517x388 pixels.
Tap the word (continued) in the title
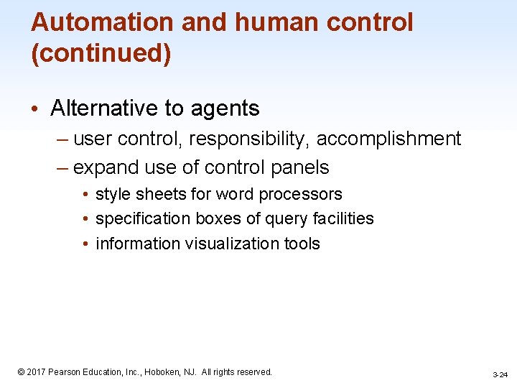click(101, 54)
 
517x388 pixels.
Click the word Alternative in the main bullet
click(104, 108)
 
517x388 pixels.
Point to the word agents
click(225, 108)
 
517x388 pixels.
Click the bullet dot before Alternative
click(36, 109)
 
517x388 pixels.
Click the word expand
click(106, 167)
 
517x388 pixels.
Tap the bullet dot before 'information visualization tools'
click(85, 244)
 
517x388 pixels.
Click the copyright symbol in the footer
click(22, 372)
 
